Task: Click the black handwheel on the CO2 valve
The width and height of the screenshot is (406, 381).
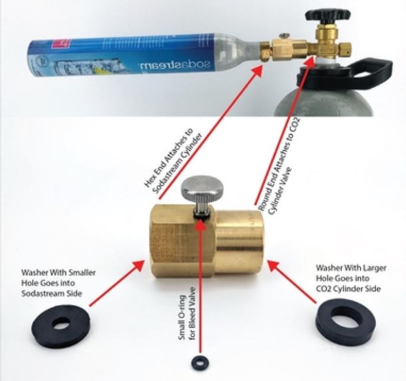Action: [x=328, y=15]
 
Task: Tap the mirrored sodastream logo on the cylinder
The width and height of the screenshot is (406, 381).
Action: [x=176, y=64]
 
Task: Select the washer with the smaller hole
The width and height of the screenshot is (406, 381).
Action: [x=61, y=324]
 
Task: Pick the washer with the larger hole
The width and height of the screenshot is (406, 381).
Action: [x=346, y=322]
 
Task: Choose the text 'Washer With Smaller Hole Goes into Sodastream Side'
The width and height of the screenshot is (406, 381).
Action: [x=59, y=283]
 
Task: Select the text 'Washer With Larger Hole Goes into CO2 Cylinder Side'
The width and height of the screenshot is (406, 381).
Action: [x=351, y=278]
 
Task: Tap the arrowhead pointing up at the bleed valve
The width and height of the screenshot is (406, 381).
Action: [x=201, y=224]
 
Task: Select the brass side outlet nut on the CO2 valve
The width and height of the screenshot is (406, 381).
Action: [x=344, y=49]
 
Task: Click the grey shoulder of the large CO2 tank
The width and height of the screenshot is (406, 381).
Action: [x=323, y=97]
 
